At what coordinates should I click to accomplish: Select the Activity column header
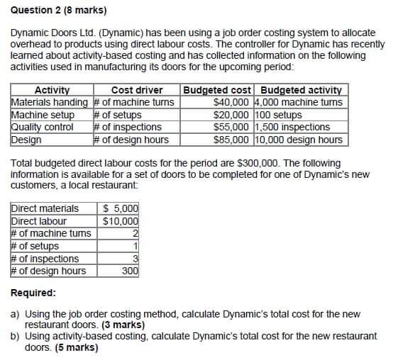pyautogui.click(x=52, y=90)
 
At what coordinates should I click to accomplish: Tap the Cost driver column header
pyautogui.click(x=137, y=90)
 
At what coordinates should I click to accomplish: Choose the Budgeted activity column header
pyautogui.click(x=301, y=90)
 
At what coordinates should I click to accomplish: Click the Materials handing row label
pyautogui.click(x=52, y=102)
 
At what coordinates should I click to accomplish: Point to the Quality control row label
pyautogui.click(x=43, y=128)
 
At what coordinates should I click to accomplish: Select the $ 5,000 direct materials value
pyautogui.click(x=121, y=208)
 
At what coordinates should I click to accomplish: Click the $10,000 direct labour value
pyautogui.click(x=121, y=221)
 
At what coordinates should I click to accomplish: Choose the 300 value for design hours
pyautogui.click(x=128, y=271)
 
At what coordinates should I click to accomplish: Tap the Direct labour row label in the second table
pyautogui.click(x=39, y=221)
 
